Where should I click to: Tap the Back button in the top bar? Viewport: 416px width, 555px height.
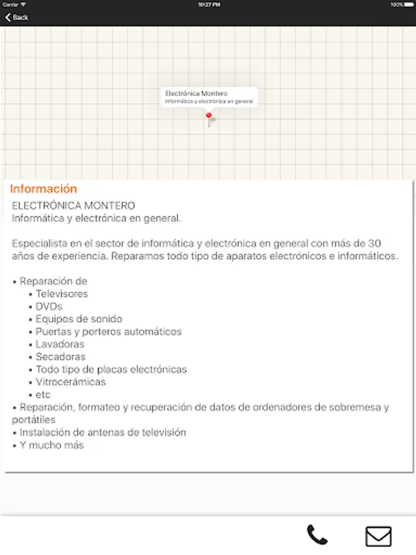pos(17,17)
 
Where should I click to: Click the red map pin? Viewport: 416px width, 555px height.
pos(208,116)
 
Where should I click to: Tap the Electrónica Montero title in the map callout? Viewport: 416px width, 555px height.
pos(192,93)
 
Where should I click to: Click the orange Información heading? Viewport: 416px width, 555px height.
pos(44,189)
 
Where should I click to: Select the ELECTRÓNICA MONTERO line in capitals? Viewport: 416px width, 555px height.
pos(73,205)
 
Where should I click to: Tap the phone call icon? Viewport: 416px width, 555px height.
pos(317,535)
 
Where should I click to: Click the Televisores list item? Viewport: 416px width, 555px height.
pos(62,294)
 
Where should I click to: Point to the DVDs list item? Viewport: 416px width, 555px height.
pos(49,306)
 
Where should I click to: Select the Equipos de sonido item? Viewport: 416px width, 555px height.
pos(79,319)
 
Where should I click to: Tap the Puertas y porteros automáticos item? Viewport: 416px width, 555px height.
pos(108,332)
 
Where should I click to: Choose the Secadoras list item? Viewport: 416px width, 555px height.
pos(60,357)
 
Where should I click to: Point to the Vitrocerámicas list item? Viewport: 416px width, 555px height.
pos(70,382)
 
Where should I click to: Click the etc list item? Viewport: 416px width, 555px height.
pos(43,395)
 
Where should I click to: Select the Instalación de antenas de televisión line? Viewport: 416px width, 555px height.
pos(102,433)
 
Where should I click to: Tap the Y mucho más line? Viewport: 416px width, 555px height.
pos(51,445)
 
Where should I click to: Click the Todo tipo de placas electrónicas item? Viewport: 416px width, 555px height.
pos(111,369)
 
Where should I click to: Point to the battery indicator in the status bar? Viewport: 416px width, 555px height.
pos(408,4)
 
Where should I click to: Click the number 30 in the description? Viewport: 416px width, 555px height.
pos(394,243)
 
